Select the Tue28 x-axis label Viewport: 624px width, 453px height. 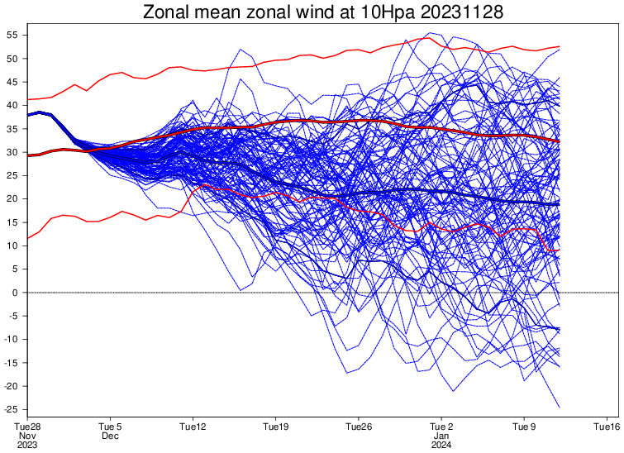[27, 427]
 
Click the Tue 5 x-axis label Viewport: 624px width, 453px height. [110, 427]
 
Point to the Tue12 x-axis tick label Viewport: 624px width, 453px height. [193, 427]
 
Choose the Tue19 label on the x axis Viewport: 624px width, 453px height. [275, 427]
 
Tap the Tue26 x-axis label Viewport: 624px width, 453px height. [358, 427]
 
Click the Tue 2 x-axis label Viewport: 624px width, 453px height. [441, 427]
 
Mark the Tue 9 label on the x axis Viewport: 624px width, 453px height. [524, 427]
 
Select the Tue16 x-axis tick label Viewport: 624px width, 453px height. [607, 427]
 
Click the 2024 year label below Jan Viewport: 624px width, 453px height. [441, 445]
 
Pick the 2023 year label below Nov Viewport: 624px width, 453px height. [27, 445]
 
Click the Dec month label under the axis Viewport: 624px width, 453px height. [110, 436]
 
